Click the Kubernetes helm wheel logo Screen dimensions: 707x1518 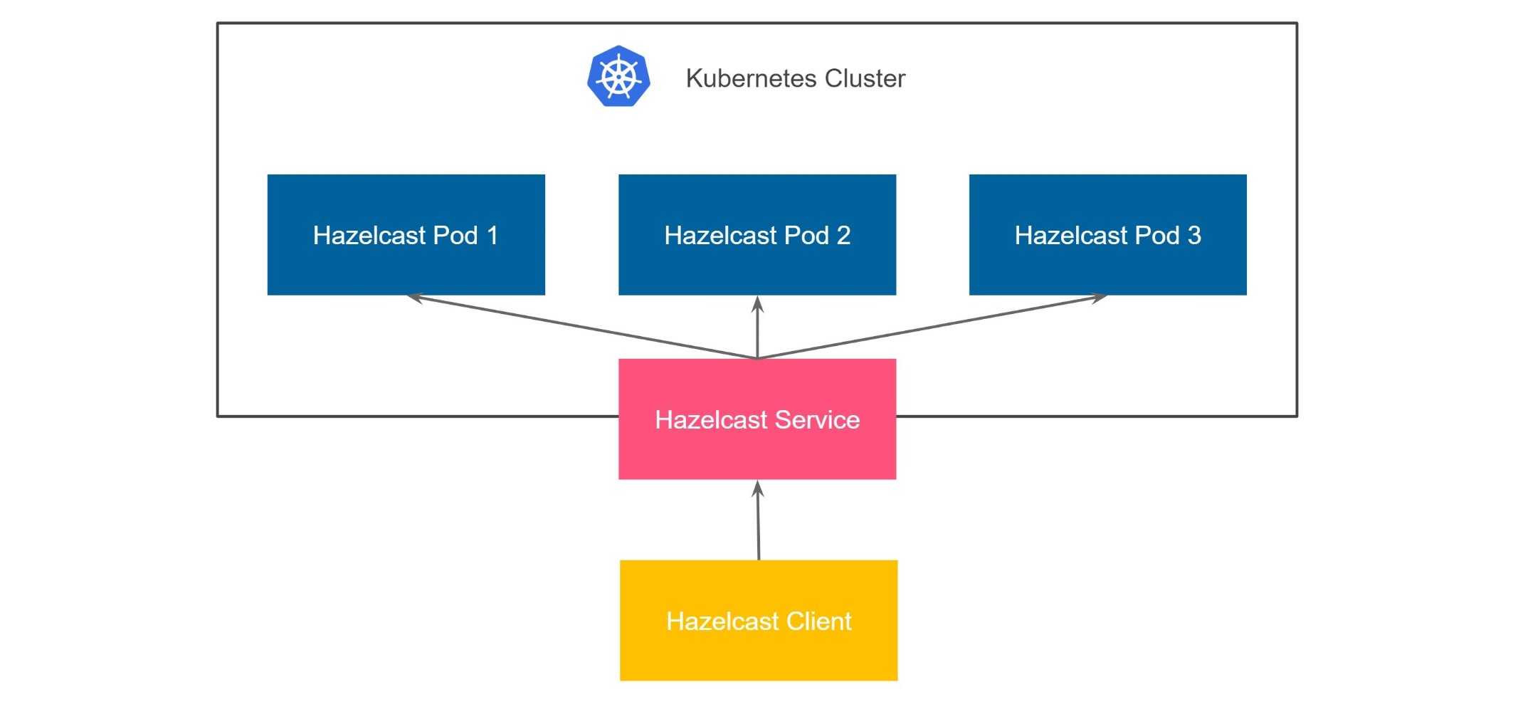[x=618, y=76]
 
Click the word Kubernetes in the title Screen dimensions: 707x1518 [x=750, y=78]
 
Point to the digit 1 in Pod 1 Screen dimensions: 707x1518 [x=492, y=236]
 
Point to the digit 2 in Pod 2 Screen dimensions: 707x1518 [x=843, y=236]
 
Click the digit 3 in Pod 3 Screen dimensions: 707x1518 [x=1193, y=236]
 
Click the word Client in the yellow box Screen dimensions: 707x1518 [x=818, y=622]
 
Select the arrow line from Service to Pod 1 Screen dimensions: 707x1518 [x=584, y=328]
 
